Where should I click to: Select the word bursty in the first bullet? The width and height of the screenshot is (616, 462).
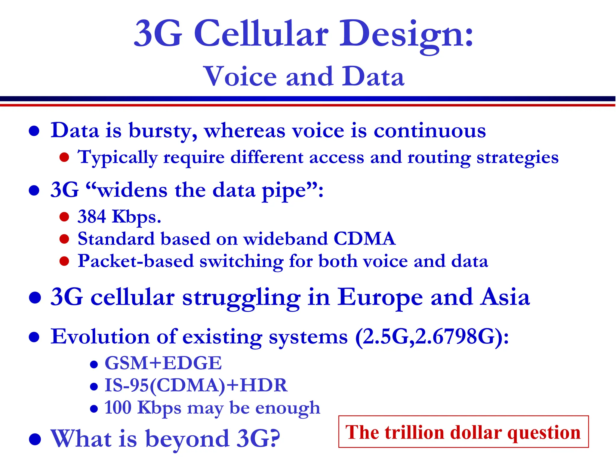(x=163, y=131)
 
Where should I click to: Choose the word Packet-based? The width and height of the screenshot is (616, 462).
(x=136, y=261)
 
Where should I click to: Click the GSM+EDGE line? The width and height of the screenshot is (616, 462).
(x=163, y=363)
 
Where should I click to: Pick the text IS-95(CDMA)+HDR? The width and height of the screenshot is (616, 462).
(x=196, y=385)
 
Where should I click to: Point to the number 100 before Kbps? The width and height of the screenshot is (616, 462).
(x=118, y=408)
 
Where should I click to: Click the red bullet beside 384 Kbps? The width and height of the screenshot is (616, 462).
(x=64, y=217)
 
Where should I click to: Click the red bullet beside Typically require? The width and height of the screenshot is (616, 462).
(x=64, y=157)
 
